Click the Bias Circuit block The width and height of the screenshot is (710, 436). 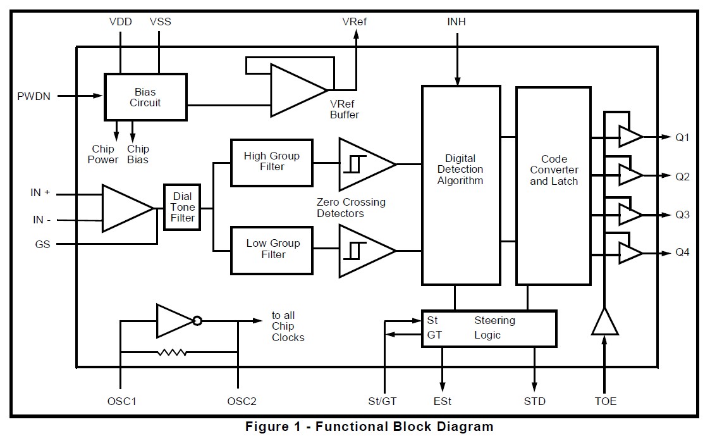(x=145, y=97)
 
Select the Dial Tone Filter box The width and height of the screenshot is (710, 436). (x=182, y=207)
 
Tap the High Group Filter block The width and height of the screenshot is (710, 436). (x=272, y=163)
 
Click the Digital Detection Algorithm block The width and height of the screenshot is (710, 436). (x=461, y=185)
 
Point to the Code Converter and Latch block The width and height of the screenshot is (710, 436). (x=553, y=186)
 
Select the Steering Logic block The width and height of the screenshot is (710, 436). (x=489, y=328)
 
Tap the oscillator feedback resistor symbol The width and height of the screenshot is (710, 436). (x=172, y=352)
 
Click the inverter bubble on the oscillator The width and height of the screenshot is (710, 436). (x=197, y=321)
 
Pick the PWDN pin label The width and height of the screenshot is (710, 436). (x=34, y=96)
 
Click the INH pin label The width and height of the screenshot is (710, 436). (x=456, y=22)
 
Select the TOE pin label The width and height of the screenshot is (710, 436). (x=606, y=401)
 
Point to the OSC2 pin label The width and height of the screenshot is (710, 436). (x=242, y=401)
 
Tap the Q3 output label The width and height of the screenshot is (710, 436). (x=682, y=215)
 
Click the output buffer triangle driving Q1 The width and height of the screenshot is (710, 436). (x=630, y=137)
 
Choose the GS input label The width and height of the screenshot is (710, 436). (x=42, y=244)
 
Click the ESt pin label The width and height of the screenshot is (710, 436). (x=443, y=401)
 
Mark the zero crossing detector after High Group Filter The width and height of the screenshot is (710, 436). (x=367, y=164)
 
